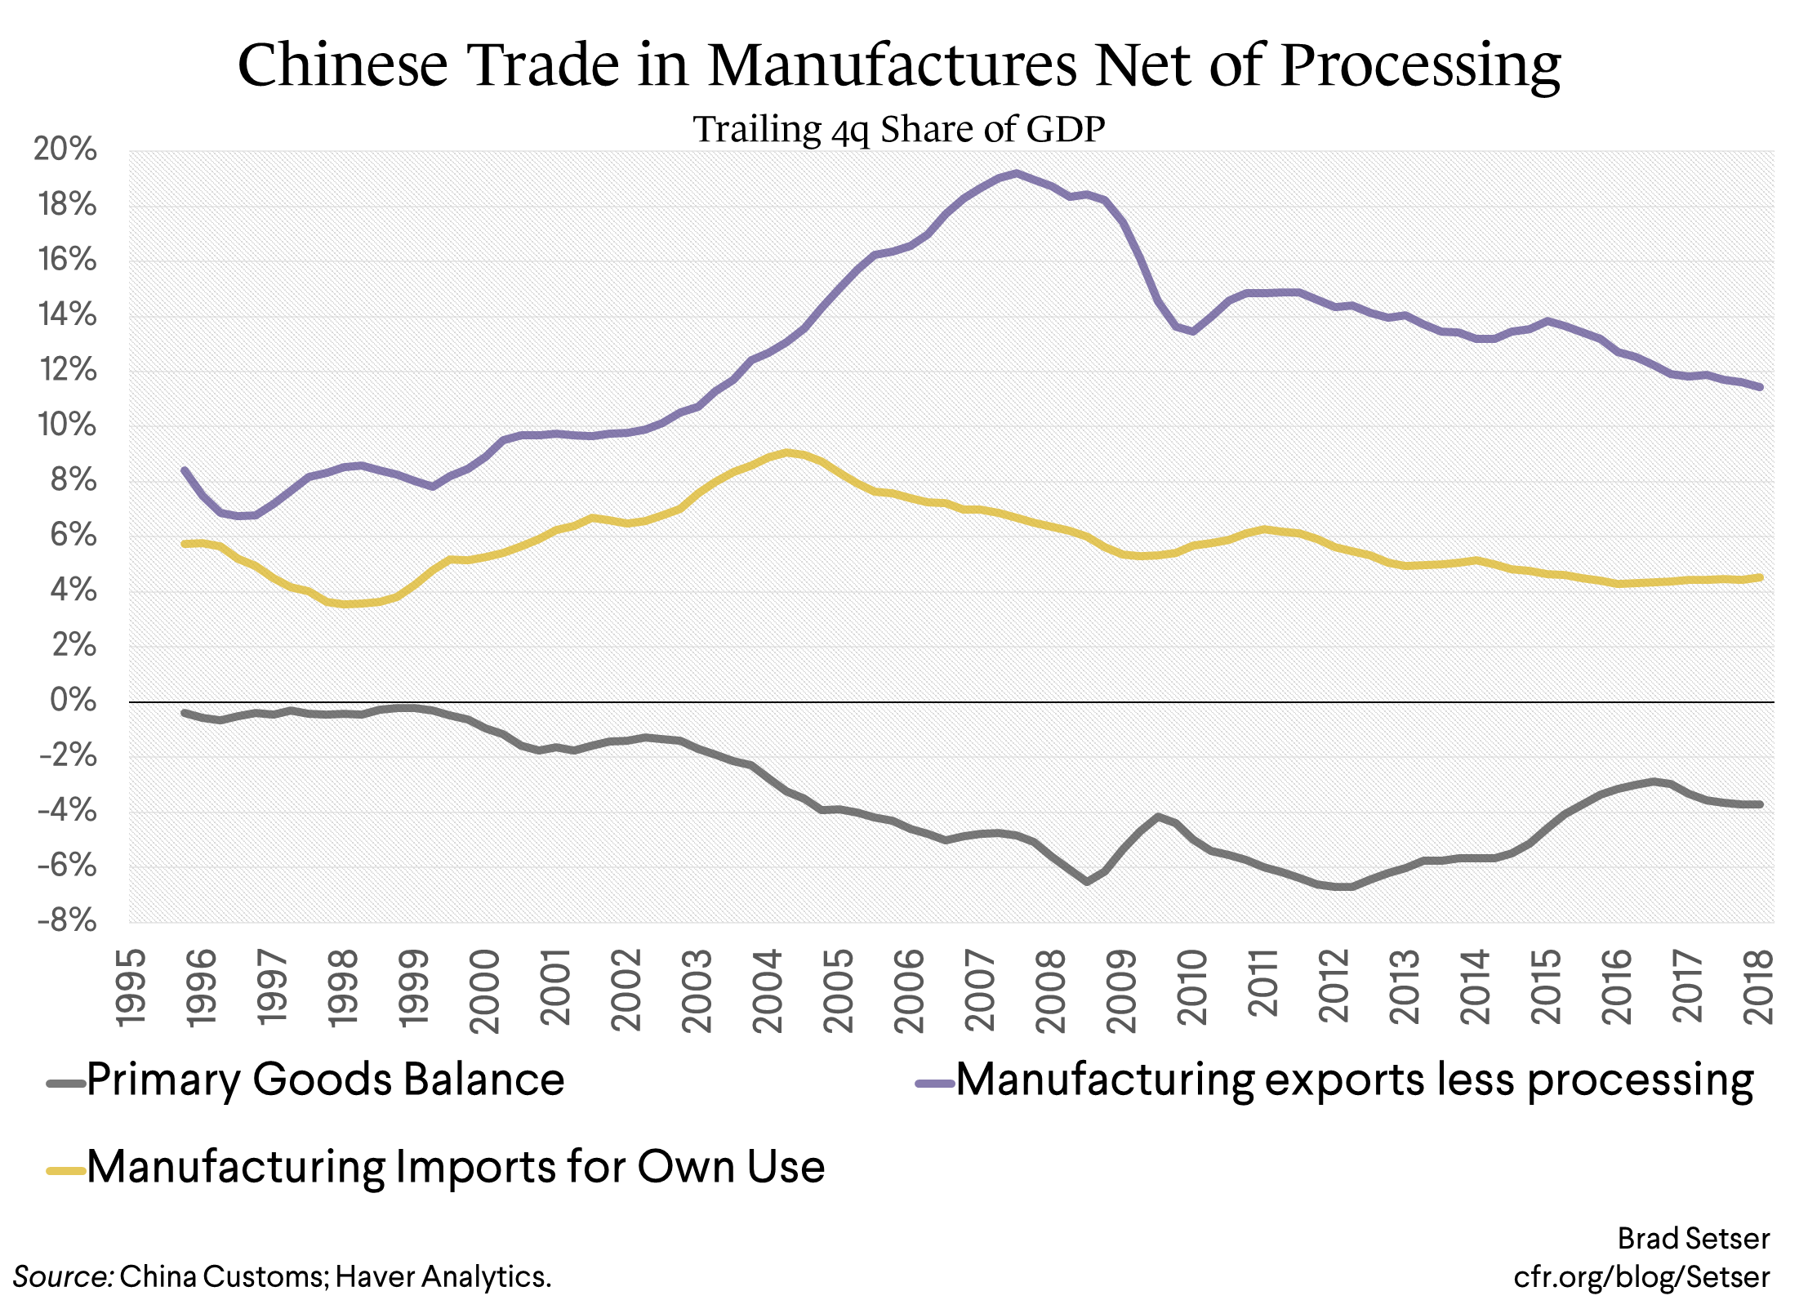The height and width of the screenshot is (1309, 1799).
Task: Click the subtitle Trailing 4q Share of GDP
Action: click(x=899, y=130)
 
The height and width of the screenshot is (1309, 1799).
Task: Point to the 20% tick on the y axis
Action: click(x=65, y=149)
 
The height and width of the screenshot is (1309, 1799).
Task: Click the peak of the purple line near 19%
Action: click(x=1016, y=173)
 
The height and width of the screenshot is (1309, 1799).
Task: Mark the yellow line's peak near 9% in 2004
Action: click(x=786, y=452)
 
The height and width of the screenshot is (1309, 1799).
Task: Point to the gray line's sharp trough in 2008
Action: click(x=1087, y=881)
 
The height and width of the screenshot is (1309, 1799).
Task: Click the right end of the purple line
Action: click(x=1760, y=387)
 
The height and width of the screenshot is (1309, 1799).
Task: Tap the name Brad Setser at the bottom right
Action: click(x=1693, y=1239)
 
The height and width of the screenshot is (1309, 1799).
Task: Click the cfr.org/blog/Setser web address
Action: click(x=1641, y=1276)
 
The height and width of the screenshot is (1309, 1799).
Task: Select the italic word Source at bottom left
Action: click(x=62, y=1276)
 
